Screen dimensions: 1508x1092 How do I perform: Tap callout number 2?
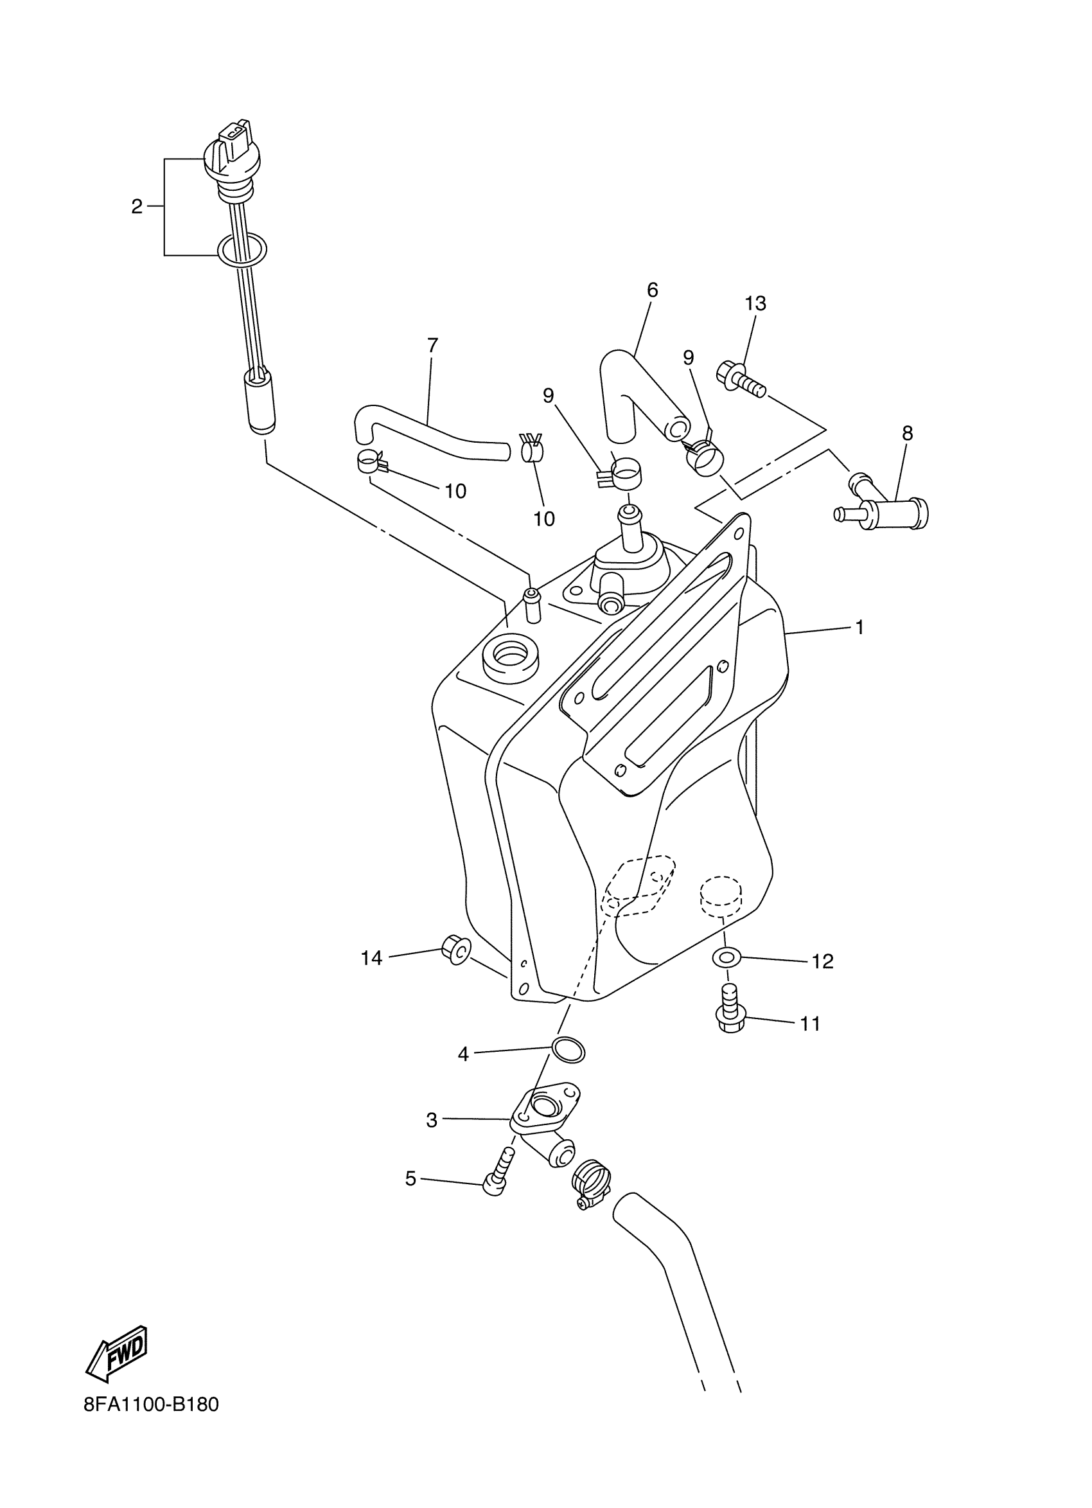(136, 207)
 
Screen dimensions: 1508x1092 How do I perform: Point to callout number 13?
(755, 303)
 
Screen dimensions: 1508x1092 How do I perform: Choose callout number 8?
(906, 433)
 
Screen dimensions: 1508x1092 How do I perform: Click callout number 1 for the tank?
(859, 627)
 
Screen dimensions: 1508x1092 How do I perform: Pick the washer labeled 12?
(727, 958)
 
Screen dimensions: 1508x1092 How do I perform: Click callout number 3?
(432, 1121)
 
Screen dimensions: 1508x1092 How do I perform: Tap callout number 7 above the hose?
(432, 345)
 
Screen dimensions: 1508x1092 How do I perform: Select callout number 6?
(652, 290)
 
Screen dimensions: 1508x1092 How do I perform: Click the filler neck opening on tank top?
(510, 657)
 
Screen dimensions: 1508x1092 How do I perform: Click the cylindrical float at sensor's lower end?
(261, 403)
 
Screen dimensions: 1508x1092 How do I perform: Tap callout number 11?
(809, 1024)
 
